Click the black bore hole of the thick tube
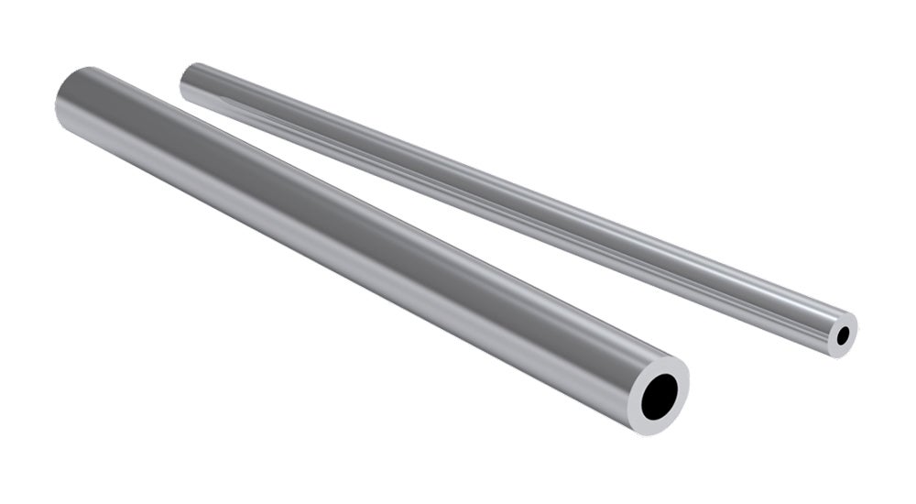coord(661,397)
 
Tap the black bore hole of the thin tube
coord(844,337)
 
